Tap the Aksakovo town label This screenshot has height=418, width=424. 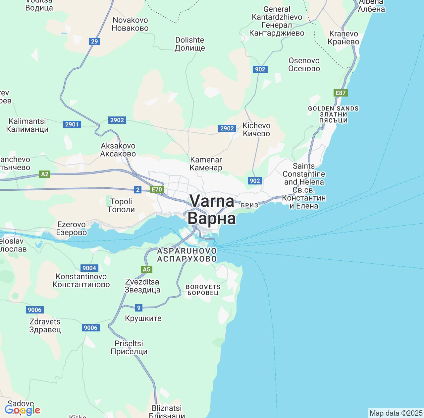pos(118,150)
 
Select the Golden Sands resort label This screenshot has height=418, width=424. pos(333,114)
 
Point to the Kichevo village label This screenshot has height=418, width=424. pos(256,129)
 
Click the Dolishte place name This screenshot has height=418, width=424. pos(190,44)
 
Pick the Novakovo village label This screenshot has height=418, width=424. pos(130,24)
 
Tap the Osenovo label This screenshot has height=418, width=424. pos(304,64)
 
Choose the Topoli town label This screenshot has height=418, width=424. pos(121,205)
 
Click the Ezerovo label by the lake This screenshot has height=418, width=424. pos(72,228)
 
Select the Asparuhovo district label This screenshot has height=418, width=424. pos(187,255)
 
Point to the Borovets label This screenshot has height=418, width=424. pos(203,290)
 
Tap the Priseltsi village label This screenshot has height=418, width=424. pos(129,347)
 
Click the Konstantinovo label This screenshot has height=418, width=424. pos(81,280)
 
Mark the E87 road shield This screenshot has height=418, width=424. pos(341,93)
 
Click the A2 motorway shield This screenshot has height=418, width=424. pos(45,174)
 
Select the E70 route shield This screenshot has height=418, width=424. pos(156,189)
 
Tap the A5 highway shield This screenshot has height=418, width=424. pos(146,269)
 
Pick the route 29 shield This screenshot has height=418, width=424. pos(94,41)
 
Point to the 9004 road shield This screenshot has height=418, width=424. pos(89,268)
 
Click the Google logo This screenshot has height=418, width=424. pos(22,410)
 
